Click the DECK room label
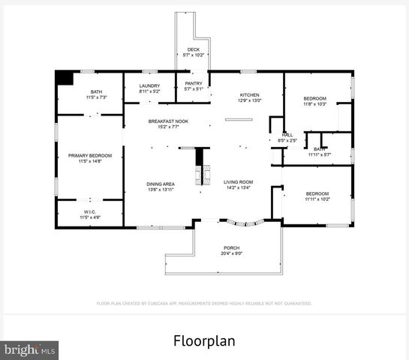193,49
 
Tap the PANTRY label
194,84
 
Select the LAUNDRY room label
149,86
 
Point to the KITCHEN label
249,94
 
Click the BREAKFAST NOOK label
167,121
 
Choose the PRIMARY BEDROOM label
89,155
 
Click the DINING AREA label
161,183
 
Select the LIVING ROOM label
238,181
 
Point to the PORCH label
231,247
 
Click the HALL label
287,135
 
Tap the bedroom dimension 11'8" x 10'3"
314,104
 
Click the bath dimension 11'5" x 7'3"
96,97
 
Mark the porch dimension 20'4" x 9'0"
231,253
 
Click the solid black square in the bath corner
65,77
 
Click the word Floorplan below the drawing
204,341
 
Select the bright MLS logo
30,349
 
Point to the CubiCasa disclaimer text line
204,304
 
